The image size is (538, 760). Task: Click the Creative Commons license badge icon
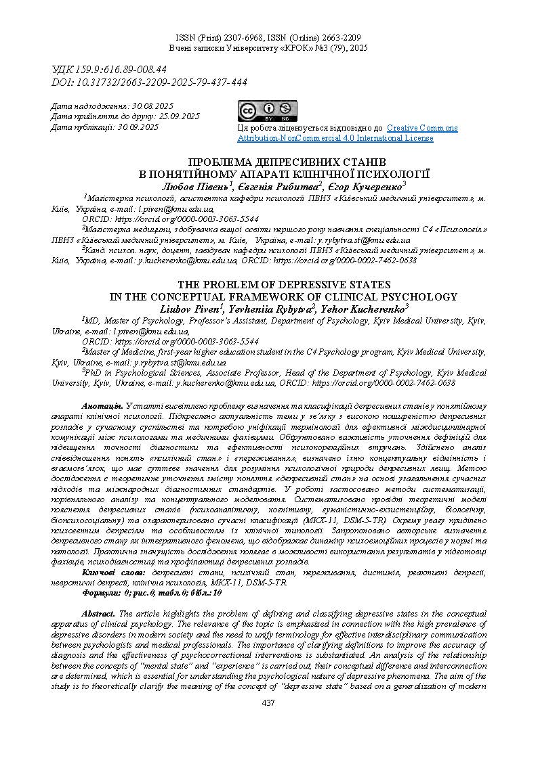[267, 111]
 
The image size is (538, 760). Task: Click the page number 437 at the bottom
[268, 703]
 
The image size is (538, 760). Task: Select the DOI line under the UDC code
[149, 82]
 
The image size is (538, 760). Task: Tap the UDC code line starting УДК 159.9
[109, 69]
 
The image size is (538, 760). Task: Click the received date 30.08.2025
[153, 106]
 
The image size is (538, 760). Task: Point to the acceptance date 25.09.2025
[179, 116]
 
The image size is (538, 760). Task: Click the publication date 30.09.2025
[138, 127]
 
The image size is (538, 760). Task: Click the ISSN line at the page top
[268, 38]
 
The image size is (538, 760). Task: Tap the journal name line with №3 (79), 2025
[268, 49]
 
